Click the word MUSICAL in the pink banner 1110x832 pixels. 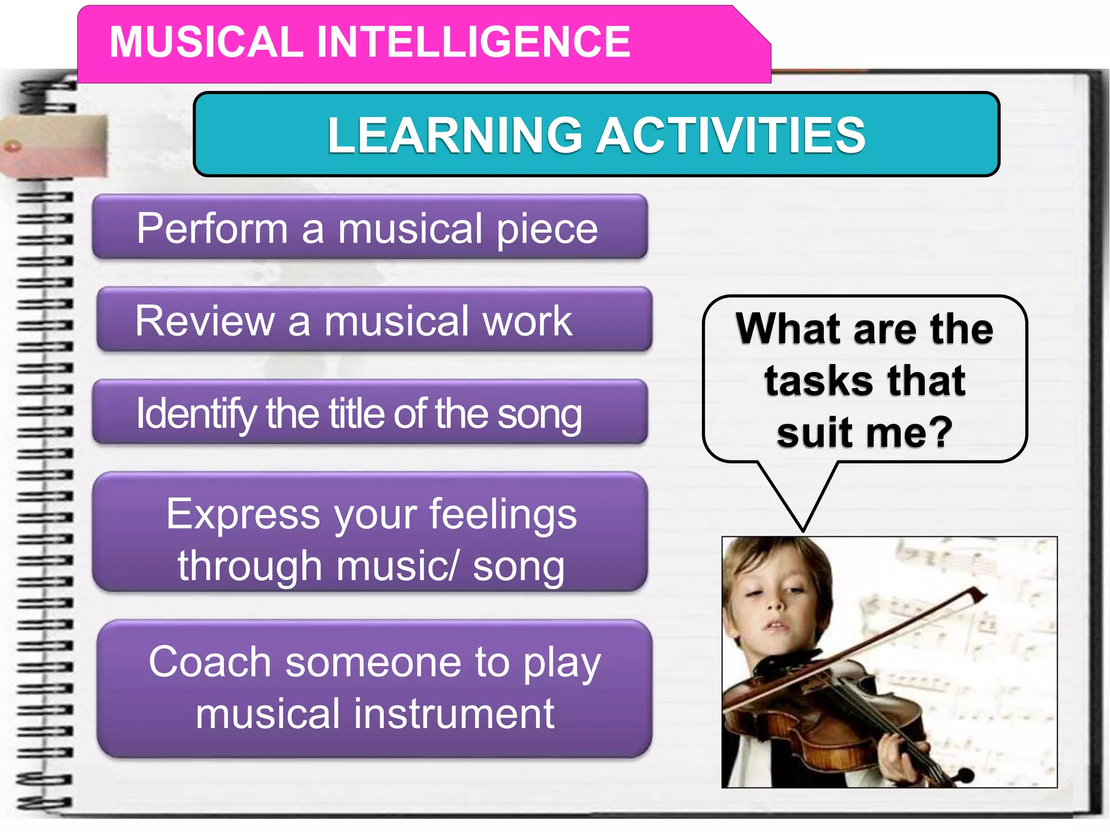(206, 42)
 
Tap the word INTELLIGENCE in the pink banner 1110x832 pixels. (473, 42)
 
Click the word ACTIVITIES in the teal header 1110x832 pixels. (731, 135)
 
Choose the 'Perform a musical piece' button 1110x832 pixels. (370, 227)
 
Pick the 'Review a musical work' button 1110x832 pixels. (374, 320)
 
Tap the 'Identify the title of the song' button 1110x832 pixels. (370, 413)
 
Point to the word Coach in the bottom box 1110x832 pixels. (210, 661)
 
